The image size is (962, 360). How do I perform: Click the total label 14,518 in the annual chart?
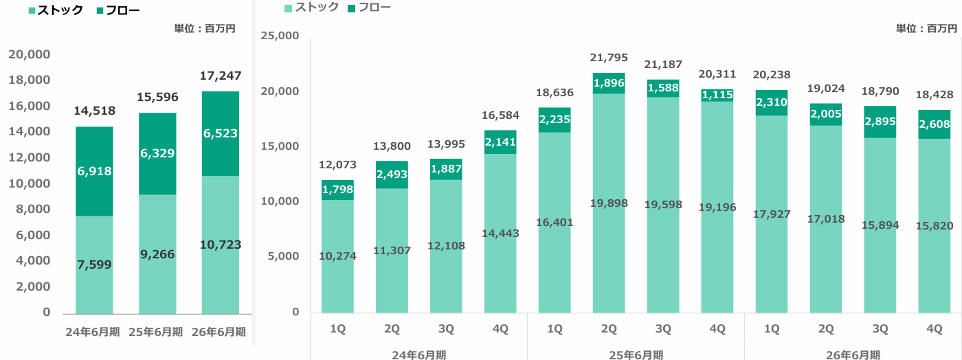point(95,111)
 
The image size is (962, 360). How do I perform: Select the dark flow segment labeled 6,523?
point(221,133)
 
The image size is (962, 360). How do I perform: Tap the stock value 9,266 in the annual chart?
point(157,254)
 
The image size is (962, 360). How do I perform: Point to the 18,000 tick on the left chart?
point(29,80)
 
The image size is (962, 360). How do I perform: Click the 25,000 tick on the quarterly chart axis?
point(280,36)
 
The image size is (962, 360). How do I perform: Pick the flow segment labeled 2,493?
point(392,175)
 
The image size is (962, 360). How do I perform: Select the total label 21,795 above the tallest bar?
point(609,58)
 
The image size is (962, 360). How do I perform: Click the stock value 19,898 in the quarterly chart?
point(609,203)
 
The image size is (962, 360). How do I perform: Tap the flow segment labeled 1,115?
point(717,95)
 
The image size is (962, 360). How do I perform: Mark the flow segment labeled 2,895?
point(880,122)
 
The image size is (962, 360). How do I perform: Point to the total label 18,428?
point(934,95)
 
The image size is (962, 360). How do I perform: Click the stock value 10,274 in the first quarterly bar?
point(337,256)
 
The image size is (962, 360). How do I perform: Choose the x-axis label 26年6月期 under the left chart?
point(219,332)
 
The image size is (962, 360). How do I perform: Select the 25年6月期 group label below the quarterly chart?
point(636,355)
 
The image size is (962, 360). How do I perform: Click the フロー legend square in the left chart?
point(100,10)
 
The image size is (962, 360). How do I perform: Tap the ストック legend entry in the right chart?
point(312,8)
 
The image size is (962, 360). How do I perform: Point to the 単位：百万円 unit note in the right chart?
point(926,28)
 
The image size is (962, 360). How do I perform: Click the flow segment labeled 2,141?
point(500,142)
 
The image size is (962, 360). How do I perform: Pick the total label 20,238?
point(771,75)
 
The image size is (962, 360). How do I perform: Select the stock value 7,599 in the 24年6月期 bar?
point(95,265)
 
